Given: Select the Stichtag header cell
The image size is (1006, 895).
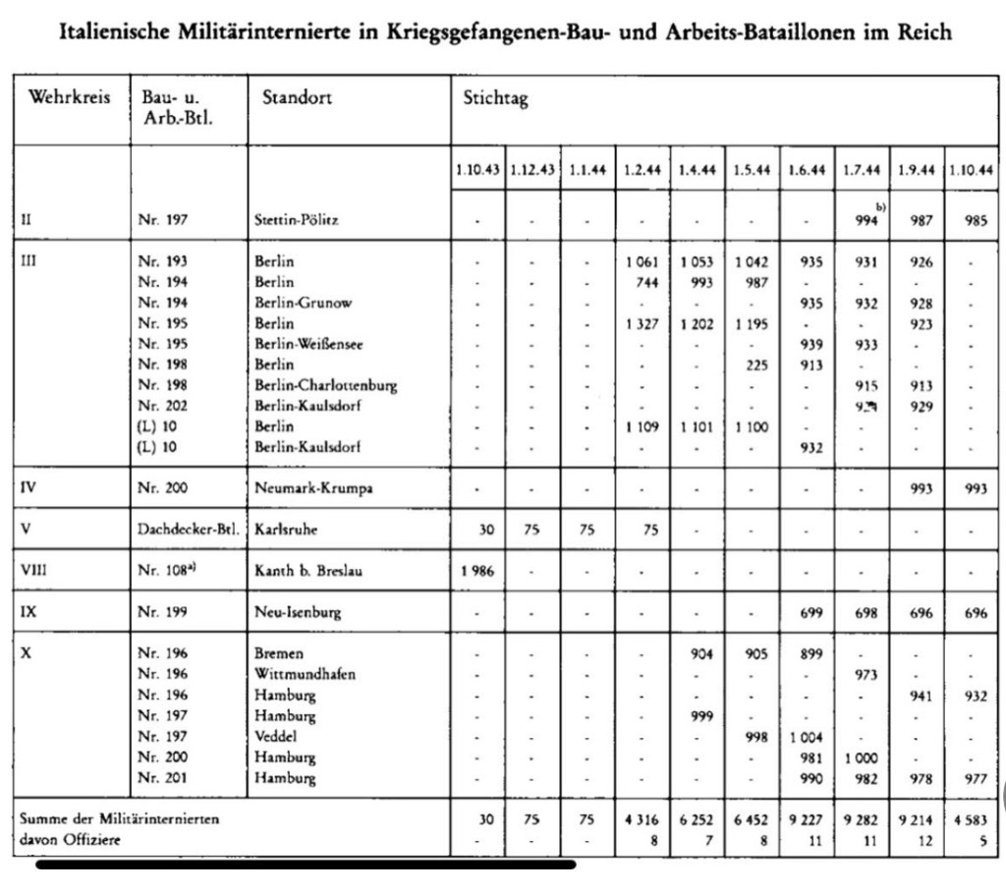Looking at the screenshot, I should pos(495,99).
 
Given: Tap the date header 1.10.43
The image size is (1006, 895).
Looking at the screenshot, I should pos(477,170).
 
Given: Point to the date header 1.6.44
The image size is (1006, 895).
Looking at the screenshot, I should pos(806,170).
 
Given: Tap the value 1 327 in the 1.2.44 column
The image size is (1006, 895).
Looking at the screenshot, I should pos(642,323).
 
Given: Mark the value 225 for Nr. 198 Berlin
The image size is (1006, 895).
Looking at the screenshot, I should pos(752,364).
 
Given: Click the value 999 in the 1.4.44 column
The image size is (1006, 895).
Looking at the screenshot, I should pos(697,716).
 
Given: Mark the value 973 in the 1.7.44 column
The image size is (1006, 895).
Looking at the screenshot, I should pos(861,675).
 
